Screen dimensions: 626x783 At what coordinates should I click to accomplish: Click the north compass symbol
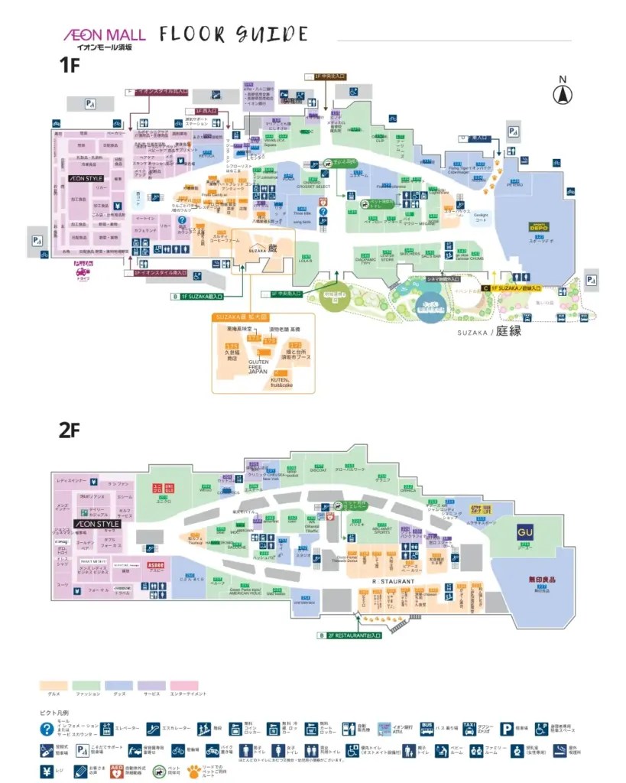pyautogui.click(x=563, y=93)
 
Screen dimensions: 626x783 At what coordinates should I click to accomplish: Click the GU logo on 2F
pyautogui.click(x=524, y=532)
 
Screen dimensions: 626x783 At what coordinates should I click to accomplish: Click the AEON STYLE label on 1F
pyautogui.click(x=86, y=178)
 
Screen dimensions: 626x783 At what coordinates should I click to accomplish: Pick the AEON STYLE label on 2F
pyautogui.click(x=97, y=524)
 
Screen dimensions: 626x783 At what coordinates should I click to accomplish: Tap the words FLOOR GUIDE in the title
pyautogui.click(x=234, y=34)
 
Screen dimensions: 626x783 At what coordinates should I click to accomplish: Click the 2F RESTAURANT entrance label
pyautogui.click(x=353, y=635)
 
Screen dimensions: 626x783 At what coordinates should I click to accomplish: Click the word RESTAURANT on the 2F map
pyautogui.click(x=393, y=582)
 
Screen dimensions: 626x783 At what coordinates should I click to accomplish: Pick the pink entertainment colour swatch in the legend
pyautogui.click(x=184, y=685)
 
